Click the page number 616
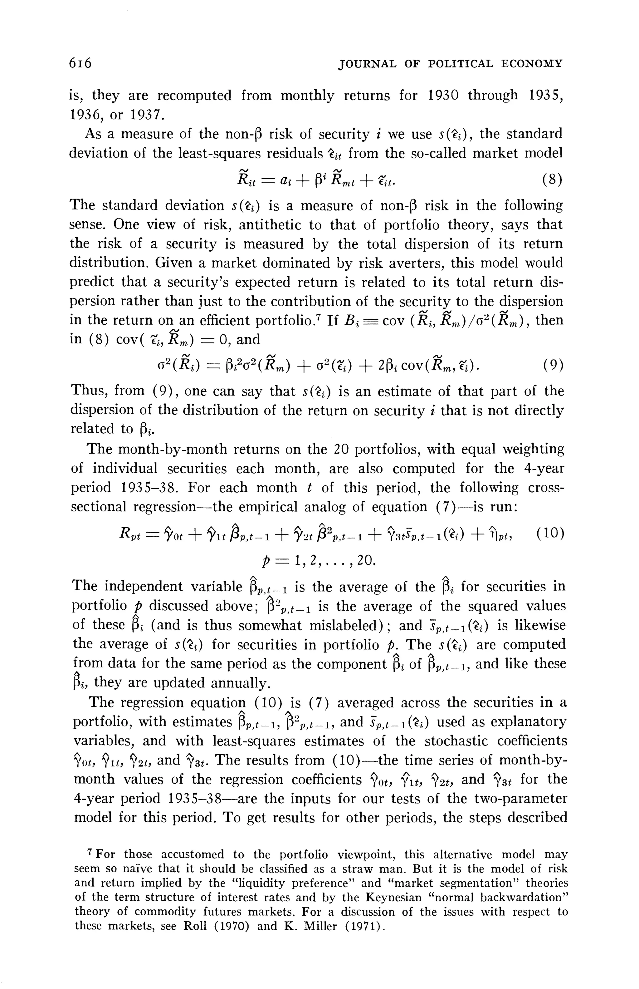80,63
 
